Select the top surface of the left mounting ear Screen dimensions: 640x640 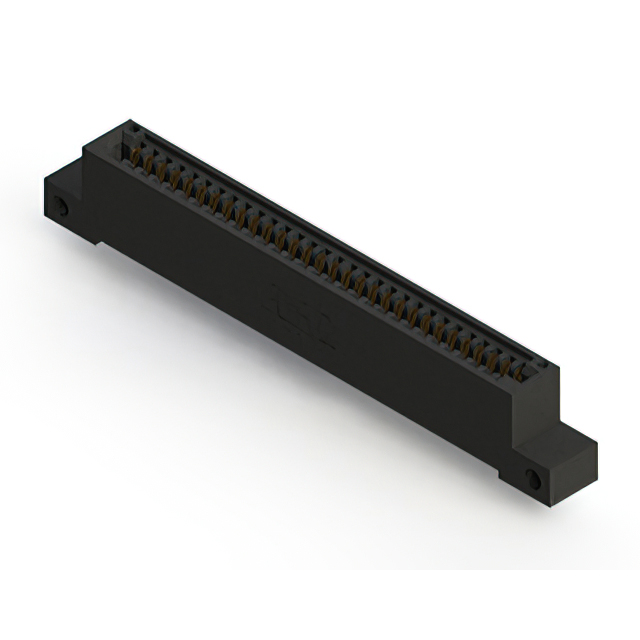pos(64,180)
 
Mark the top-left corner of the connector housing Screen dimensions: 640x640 pos(122,124)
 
